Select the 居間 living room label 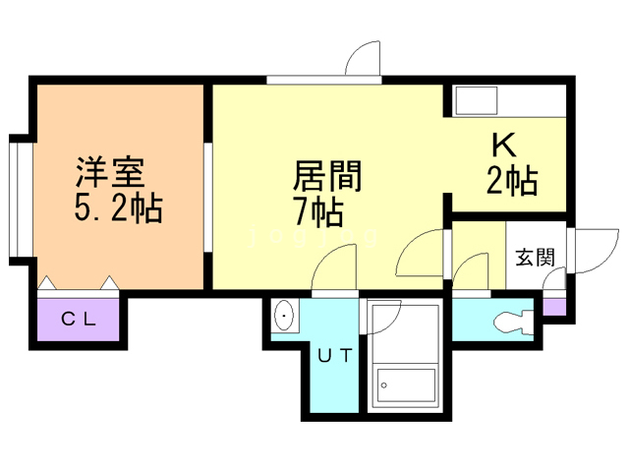[x=328, y=177]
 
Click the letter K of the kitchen [x=503, y=147]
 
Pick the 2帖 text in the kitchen [x=511, y=181]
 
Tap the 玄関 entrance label [x=536, y=258]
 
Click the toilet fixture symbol [x=514, y=322]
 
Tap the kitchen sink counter [x=477, y=101]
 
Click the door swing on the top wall [x=364, y=59]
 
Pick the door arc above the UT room [x=334, y=270]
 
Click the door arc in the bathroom [x=383, y=317]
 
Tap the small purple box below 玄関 [x=555, y=306]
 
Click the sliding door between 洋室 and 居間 [x=208, y=202]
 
